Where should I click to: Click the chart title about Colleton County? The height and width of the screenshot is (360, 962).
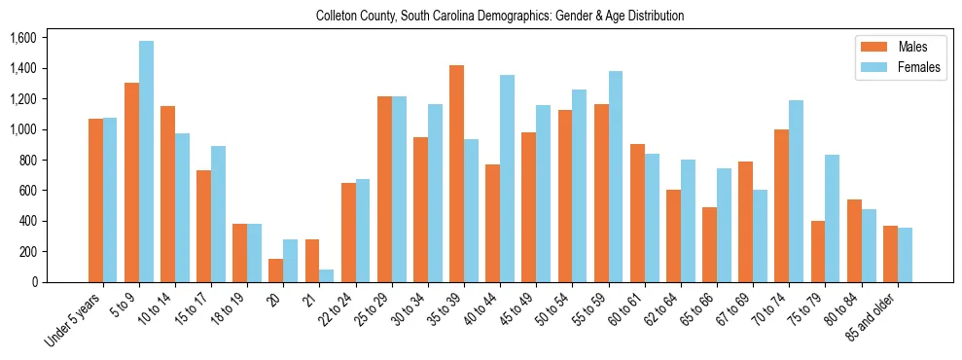[500, 16]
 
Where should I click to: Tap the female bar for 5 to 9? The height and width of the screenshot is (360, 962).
[146, 162]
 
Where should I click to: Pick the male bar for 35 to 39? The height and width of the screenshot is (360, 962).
[456, 173]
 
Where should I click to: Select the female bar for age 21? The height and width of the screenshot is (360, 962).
[327, 275]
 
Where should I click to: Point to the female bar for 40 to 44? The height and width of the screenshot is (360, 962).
[507, 178]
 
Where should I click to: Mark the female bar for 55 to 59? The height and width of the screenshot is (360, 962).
[616, 176]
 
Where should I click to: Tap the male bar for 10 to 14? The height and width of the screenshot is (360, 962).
[167, 194]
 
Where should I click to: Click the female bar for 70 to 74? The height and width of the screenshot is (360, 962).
[796, 191]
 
